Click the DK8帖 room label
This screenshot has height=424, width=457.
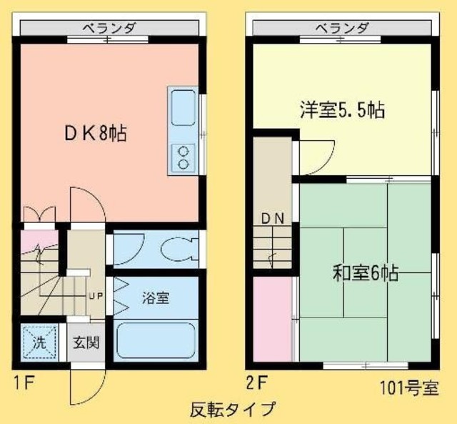96,134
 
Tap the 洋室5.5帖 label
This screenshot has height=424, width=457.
341,110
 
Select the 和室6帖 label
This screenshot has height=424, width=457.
365,273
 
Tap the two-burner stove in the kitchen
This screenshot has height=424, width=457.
184,157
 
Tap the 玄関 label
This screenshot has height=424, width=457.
86,342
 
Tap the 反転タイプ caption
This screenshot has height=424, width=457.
232,410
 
